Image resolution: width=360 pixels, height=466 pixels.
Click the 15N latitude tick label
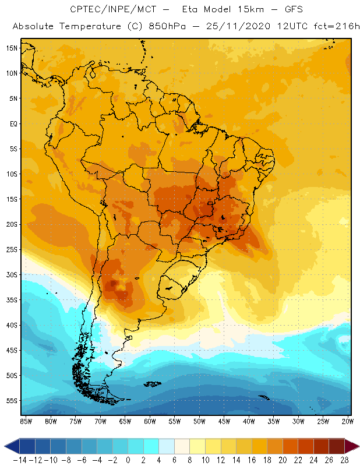tap(12, 48)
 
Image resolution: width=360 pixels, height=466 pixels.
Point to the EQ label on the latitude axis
tap(13, 123)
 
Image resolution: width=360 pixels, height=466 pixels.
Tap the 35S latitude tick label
tap(12, 300)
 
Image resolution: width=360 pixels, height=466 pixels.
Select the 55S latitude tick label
tap(12, 401)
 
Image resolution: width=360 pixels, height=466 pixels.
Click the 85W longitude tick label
tap(26, 421)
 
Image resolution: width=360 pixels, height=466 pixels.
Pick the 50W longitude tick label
tap(199, 421)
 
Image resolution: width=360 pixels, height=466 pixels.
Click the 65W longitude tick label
tap(125, 421)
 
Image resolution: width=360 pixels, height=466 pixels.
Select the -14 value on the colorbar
tap(19, 460)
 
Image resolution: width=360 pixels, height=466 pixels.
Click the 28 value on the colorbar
tap(344, 460)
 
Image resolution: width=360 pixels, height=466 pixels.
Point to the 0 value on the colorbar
tap(128, 460)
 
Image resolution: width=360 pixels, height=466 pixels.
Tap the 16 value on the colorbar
tap(251, 460)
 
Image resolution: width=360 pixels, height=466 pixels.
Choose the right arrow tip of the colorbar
tap(356, 447)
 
